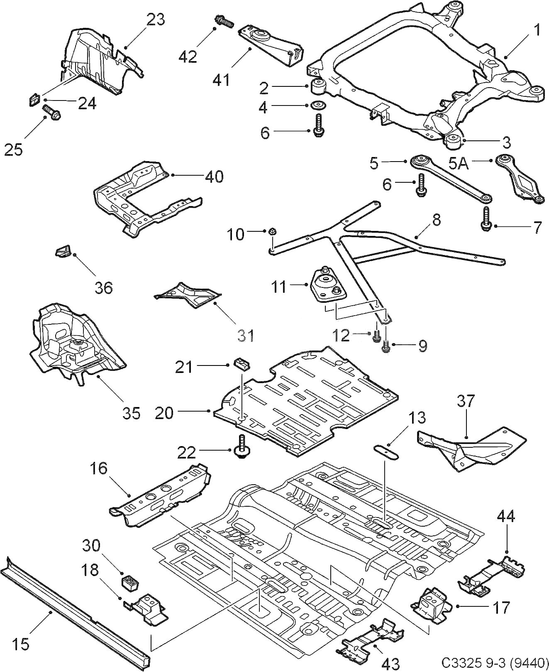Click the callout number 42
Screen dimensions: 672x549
188,56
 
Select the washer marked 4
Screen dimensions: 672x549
319,105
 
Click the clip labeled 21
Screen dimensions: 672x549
242,364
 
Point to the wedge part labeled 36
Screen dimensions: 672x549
64,251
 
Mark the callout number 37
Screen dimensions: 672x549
466,401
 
